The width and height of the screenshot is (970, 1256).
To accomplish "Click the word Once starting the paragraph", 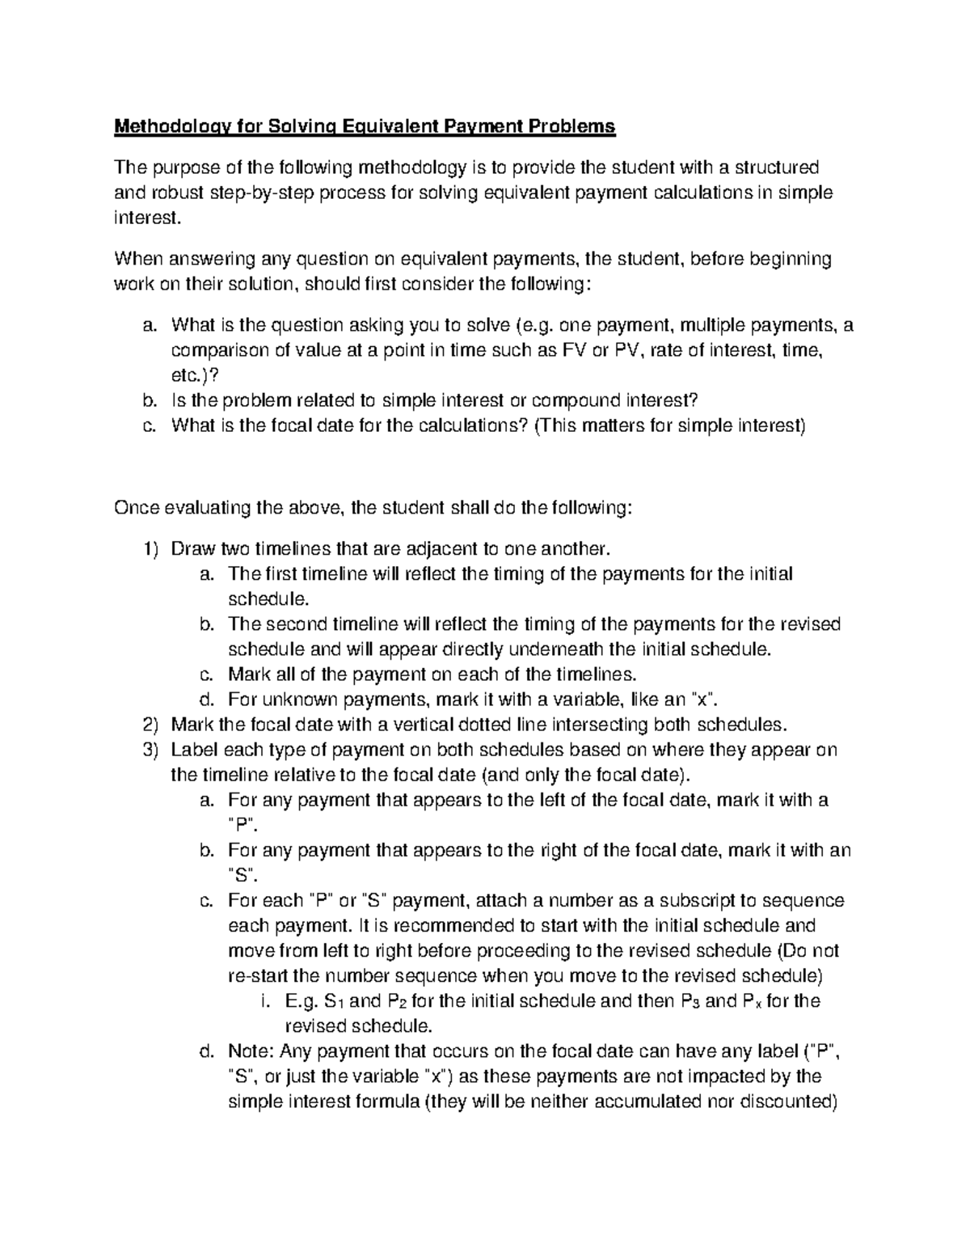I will tap(137, 508).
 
